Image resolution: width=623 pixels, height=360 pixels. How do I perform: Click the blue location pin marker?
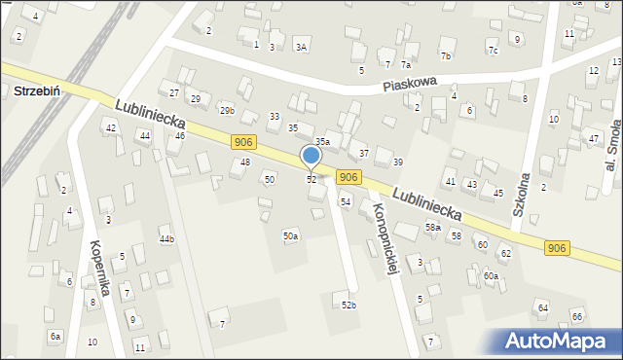311,156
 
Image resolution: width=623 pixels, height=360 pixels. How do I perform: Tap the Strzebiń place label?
38,90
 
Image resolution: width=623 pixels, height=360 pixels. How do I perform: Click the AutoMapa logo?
562,341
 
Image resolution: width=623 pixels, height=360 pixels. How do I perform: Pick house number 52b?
348,306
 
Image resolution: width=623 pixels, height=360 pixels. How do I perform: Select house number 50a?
290,235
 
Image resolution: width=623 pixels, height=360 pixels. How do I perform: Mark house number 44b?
167,238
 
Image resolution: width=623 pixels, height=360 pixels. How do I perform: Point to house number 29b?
227,111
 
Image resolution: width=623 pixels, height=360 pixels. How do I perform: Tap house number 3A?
302,47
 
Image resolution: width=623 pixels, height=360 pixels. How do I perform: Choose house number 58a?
432,227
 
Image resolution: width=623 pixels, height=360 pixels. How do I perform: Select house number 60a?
491,276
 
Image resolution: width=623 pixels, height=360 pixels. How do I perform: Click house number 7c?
493,51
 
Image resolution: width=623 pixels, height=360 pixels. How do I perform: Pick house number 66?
576,316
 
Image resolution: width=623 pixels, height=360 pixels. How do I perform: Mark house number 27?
174,92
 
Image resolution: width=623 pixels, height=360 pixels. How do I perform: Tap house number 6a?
55,336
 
